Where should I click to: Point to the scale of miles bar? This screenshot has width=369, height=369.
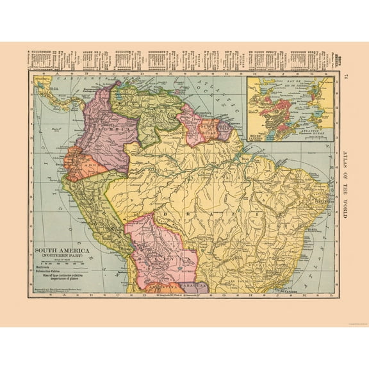pos(61,265)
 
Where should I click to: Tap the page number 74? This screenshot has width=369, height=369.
pos(347,78)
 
